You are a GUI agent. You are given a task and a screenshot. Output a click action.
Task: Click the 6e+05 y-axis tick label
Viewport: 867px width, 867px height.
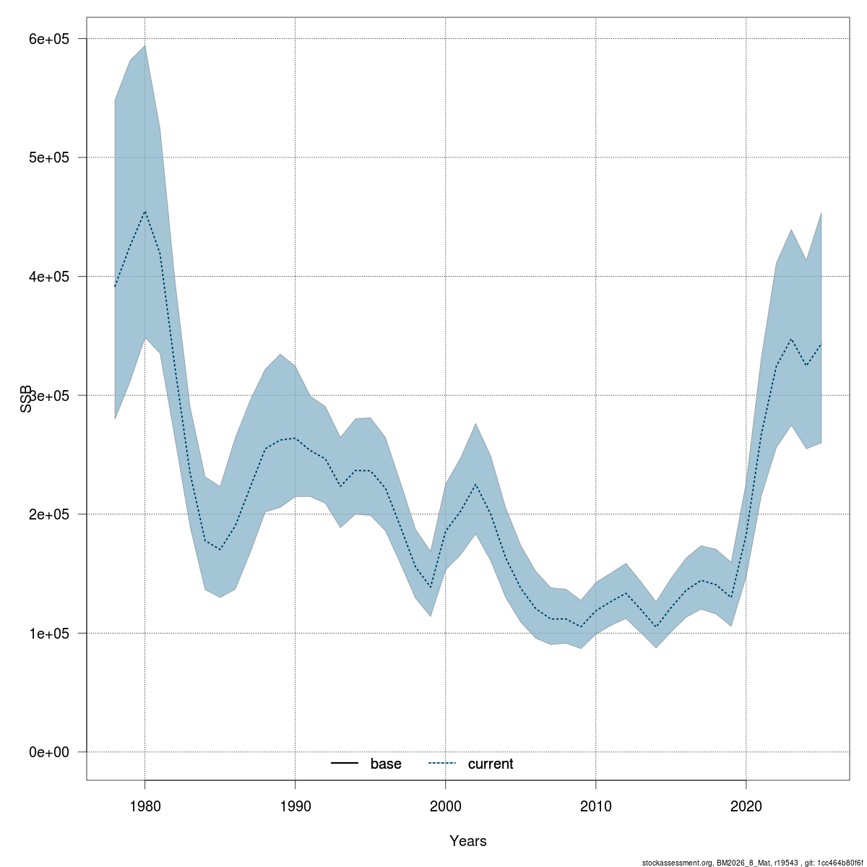[48, 38]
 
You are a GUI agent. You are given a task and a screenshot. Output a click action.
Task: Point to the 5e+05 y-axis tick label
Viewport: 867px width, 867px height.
[48, 158]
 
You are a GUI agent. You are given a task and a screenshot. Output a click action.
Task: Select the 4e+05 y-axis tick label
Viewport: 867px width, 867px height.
[48, 276]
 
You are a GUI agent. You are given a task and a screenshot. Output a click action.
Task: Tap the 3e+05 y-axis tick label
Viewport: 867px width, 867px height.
[48, 395]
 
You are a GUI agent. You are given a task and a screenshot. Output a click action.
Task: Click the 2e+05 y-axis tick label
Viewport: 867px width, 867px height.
[48, 514]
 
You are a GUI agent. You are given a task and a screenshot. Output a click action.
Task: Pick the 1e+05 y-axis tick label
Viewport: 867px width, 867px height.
[48, 633]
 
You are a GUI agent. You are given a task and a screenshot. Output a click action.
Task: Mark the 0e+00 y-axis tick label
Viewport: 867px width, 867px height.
[48, 752]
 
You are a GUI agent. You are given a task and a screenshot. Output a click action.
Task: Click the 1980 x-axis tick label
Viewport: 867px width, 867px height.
[144, 804]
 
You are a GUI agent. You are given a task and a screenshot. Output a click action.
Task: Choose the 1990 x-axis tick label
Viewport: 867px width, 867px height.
[295, 804]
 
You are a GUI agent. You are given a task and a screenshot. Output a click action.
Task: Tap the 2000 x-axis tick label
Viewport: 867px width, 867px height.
[445, 804]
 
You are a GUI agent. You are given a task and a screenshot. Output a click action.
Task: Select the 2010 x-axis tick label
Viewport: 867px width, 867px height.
[595, 804]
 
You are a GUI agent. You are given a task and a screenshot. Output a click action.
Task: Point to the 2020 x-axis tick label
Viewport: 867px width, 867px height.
[746, 804]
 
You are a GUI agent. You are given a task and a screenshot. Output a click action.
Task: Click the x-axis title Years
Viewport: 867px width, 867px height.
[467, 841]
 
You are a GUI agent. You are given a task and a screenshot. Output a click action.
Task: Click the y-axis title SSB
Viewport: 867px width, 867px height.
[27, 399]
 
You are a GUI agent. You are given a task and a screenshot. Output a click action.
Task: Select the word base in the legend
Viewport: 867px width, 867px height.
[386, 764]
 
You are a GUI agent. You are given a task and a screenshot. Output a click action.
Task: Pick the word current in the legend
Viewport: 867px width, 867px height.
[490, 764]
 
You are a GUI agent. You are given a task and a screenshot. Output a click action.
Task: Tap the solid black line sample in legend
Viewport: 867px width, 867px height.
[345, 764]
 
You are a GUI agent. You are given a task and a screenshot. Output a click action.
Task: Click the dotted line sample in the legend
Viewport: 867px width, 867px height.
[442, 764]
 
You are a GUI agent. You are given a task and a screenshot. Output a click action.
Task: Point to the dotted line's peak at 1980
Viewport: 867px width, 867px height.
[144, 212]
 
